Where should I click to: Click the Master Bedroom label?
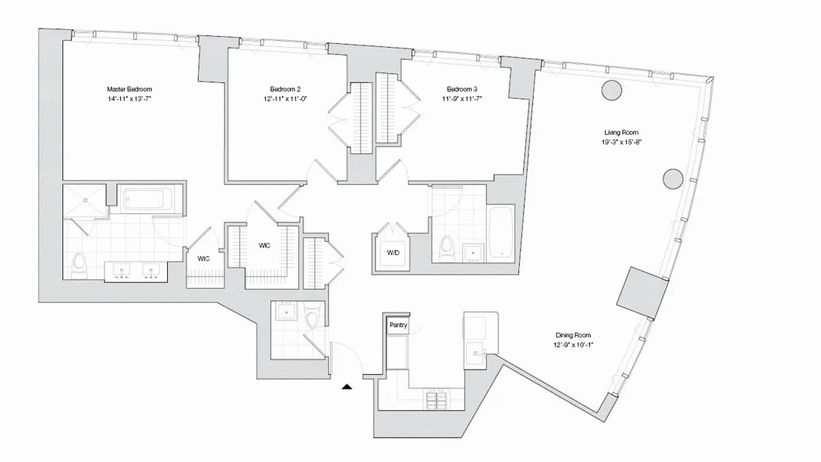pyautogui.click(x=129, y=89)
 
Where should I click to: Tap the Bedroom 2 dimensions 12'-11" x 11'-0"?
pyautogui.click(x=285, y=99)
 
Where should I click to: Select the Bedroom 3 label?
pyautogui.click(x=462, y=89)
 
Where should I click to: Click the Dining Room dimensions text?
pyautogui.click(x=573, y=345)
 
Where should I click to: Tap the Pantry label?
pyautogui.click(x=398, y=325)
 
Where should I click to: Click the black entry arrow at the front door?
pyautogui.click(x=347, y=386)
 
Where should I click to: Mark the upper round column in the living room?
pyautogui.click(x=611, y=90)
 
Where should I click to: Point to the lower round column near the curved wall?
pyautogui.click(x=673, y=179)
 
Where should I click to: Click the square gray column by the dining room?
pyautogui.click(x=642, y=292)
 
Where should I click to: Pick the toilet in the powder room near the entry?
pyautogui.click(x=311, y=316)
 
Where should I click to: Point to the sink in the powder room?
pyautogui.click(x=286, y=312)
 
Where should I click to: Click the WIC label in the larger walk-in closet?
pyautogui.click(x=264, y=245)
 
